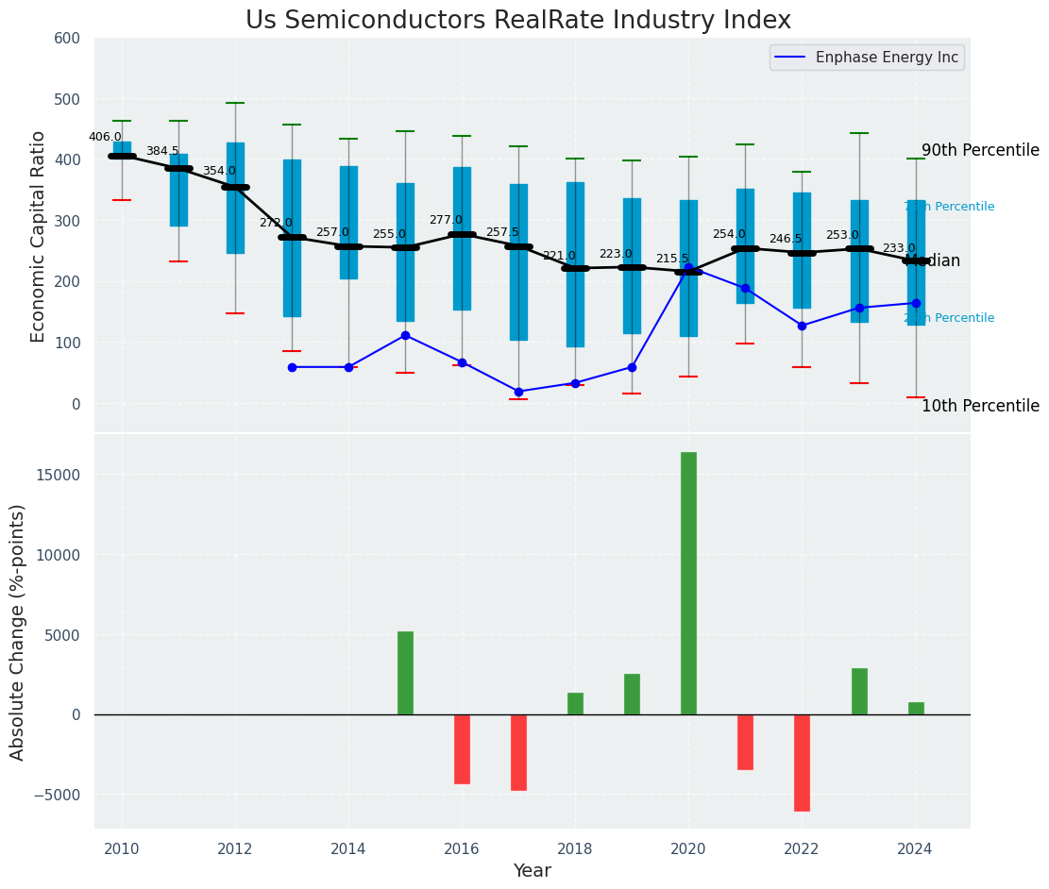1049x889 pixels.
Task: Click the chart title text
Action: pos(518,21)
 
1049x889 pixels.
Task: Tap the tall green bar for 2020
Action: pos(688,582)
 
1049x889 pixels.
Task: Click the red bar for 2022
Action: pos(802,763)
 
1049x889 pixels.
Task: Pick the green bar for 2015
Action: pos(405,672)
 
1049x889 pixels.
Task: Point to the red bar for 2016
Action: pos(462,748)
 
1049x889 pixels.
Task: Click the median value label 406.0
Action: pos(105,137)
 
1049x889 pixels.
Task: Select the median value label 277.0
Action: pos(446,220)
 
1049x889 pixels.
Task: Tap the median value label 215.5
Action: pos(672,259)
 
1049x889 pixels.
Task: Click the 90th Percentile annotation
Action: pos(980,151)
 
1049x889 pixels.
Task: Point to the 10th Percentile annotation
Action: pos(980,407)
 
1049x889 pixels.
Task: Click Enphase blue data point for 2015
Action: pos(405,335)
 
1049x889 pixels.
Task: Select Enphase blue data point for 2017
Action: pos(518,392)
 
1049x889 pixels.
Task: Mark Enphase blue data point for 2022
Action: pos(802,326)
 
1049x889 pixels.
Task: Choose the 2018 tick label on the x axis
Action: pos(575,849)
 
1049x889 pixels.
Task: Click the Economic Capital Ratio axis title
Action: pos(39,236)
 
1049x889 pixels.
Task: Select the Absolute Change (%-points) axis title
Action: pos(18,631)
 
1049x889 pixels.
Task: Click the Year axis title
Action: pos(533,871)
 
